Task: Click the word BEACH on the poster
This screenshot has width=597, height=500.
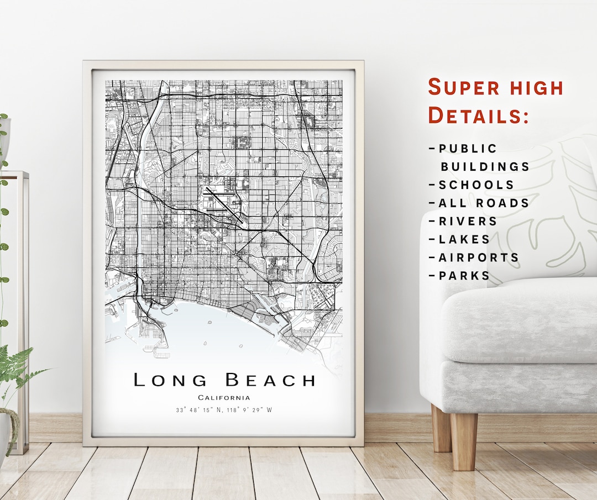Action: pyautogui.click(x=270, y=380)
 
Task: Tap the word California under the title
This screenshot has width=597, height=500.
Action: pyautogui.click(x=224, y=398)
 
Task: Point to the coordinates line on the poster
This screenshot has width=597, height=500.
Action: pyautogui.click(x=224, y=410)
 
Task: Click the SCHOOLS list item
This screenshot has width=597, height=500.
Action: pyautogui.click(x=475, y=185)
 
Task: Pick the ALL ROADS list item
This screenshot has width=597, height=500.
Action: pyautogui.click(x=483, y=203)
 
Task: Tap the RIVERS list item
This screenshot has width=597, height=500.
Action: pyautogui.click(x=467, y=222)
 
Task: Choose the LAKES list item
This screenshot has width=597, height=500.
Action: pyautogui.click(x=464, y=240)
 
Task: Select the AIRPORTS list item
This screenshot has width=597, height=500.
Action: pyautogui.click(x=478, y=258)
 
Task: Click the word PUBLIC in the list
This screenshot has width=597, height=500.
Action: pyautogui.click(x=467, y=149)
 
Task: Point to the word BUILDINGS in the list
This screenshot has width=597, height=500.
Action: pyautogui.click(x=485, y=167)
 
